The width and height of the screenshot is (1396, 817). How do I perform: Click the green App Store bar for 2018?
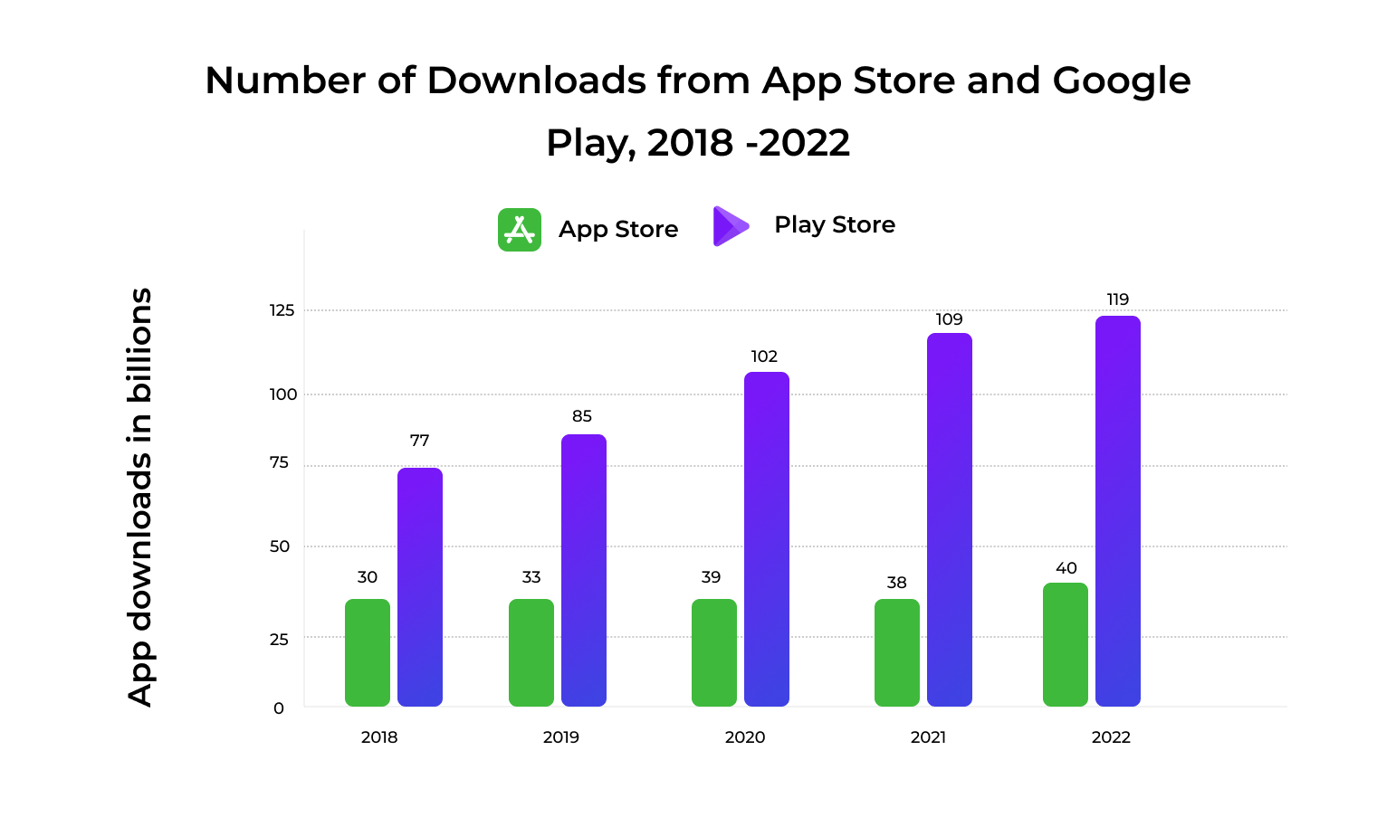(367, 652)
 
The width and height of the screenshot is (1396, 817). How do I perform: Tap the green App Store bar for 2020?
(713, 652)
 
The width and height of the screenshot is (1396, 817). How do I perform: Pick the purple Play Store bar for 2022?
(1117, 511)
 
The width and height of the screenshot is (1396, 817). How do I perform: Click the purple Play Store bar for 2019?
(583, 570)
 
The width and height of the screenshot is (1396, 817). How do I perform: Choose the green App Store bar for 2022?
(1065, 644)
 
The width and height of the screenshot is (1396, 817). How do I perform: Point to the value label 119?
(1117, 299)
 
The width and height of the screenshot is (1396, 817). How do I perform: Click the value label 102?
(764, 356)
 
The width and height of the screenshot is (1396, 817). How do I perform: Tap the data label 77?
(419, 441)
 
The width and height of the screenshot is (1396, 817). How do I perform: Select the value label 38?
(896, 583)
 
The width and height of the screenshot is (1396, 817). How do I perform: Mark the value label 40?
(1066, 568)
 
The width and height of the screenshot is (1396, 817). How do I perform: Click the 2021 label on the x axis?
(928, 737)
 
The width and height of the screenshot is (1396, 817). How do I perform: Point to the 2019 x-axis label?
(560, 737)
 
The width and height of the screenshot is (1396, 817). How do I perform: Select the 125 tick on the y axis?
(282, 310)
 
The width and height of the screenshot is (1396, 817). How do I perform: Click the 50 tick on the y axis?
(280, 546)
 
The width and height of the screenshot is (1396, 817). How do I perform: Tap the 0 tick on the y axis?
(279, 708)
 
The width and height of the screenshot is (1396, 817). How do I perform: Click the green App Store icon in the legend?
(520, 230)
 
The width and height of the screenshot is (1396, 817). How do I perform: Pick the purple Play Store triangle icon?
(730, 226)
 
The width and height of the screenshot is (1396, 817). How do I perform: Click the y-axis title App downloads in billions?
(139, 497)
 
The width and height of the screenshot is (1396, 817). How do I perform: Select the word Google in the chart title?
(1121, 81)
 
